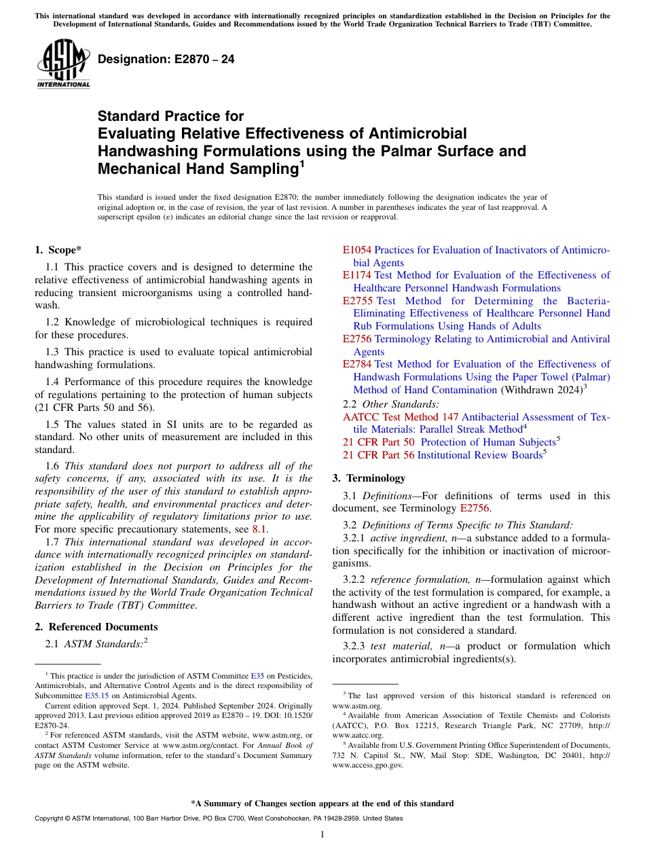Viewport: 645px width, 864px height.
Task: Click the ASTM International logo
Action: pos(63,65)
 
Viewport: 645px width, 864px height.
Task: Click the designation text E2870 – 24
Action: pos(166,60)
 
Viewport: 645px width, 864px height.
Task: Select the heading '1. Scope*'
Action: pos(59,250)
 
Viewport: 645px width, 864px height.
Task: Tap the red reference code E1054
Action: pos(357,250)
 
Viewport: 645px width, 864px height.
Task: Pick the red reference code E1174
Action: pos(357,275)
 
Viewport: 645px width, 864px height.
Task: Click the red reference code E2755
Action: pos(358,301)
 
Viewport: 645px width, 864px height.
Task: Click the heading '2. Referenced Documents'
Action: pos(96,627)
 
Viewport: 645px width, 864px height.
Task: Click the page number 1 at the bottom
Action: pos(322,835)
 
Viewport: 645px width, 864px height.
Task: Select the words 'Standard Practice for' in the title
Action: pos(170,116)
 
